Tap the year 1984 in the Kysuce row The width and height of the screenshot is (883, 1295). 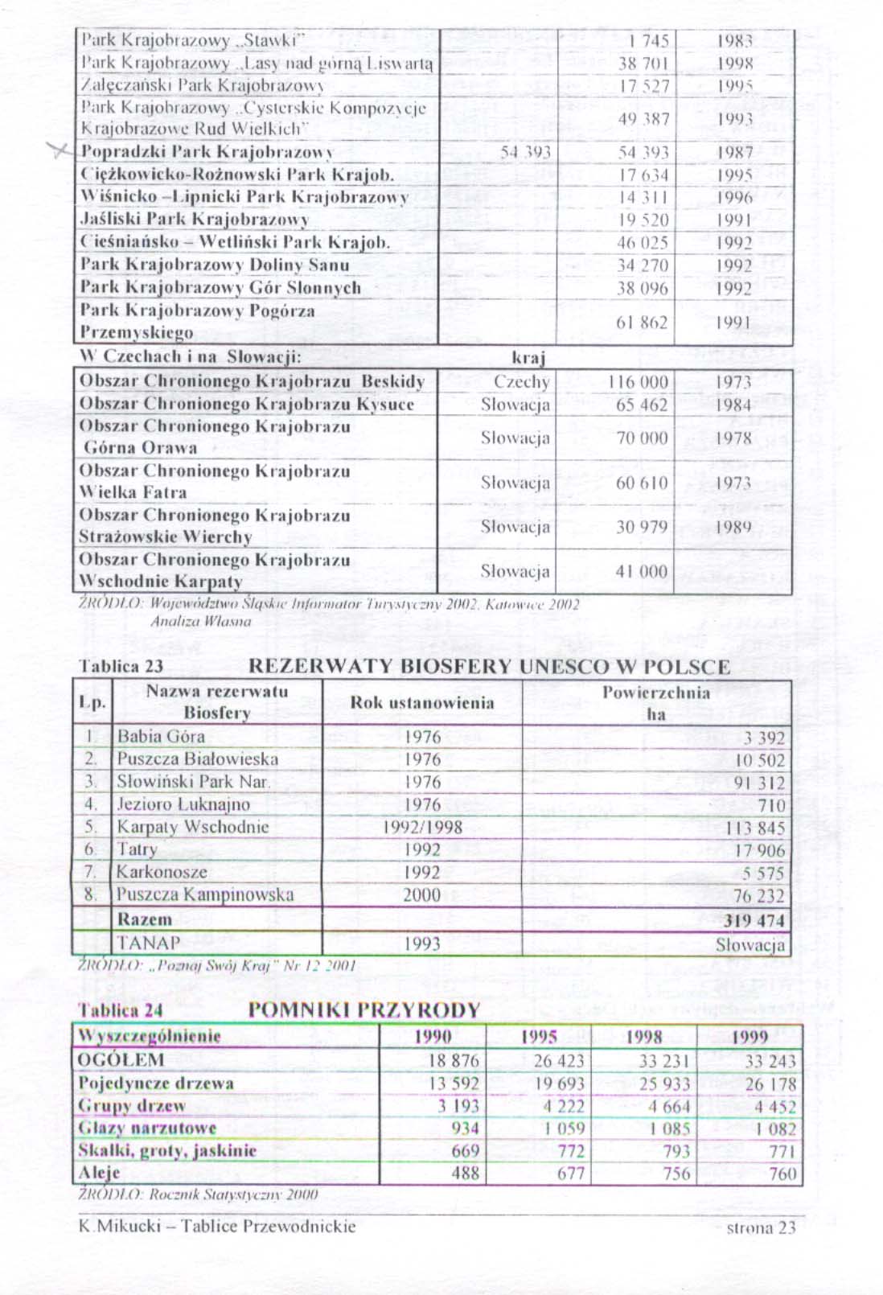tap(733, 405)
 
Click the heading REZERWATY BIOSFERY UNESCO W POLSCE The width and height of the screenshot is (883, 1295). tap(489, 667)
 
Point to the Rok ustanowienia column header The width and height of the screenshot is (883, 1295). tap(421, 702)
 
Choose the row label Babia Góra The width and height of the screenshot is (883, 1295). tap(161, 736)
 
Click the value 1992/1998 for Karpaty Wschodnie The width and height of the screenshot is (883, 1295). tap(422, 827)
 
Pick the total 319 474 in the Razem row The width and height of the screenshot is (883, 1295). tap(754, 920)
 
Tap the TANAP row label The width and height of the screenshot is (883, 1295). tap(149, 943)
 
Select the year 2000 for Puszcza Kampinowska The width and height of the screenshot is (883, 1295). tap(422, 895)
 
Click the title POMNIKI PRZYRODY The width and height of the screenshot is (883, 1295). tap(363, 1010)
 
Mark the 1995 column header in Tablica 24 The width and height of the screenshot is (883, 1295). tap(539, 1037)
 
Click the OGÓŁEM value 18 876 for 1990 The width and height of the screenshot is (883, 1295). tap(454, 1061)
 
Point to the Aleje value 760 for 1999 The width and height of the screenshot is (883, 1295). tap(782, 1174)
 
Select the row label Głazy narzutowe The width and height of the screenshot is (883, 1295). tap(147, 1128)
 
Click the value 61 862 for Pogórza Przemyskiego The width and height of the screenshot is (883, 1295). tap(641, 323)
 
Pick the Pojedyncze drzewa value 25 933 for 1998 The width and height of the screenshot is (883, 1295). tap(664, 1083)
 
